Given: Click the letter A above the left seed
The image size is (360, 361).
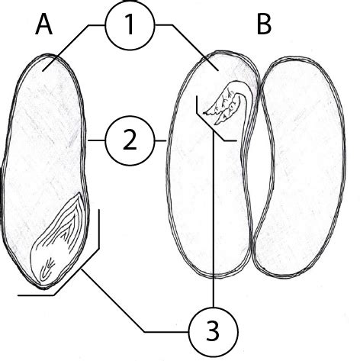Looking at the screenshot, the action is coord(44,24).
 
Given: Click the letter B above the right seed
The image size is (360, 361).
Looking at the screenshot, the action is coord(264,24).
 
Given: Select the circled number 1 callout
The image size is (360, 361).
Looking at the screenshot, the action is coord(130,25).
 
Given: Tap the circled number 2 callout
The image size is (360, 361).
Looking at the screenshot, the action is coord(130,140).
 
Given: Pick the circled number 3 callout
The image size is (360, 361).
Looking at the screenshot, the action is coord(214,332).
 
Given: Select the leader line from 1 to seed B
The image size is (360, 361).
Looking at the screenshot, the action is coord(189,44).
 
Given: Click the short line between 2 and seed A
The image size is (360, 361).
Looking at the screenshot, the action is coord(96,140).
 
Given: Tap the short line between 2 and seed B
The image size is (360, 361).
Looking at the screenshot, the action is coord(160,140).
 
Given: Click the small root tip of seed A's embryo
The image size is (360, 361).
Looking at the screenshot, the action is coord(47,270).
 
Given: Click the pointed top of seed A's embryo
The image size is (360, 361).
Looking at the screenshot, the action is coord(79,194).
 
